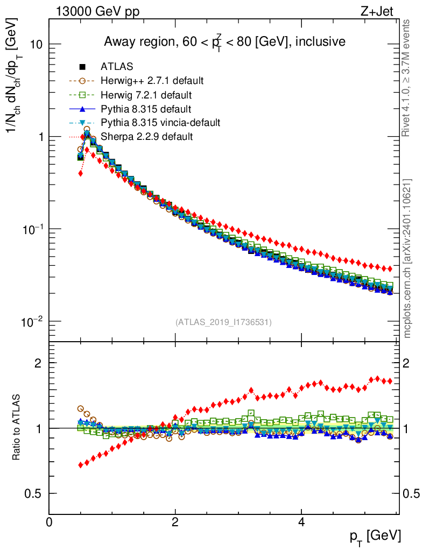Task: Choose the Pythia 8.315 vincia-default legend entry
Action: coord(160,123)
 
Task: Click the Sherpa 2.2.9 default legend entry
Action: coord(146,137)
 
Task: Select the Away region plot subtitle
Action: coord(224,41)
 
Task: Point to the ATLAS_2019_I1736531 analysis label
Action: coord(223,322)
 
